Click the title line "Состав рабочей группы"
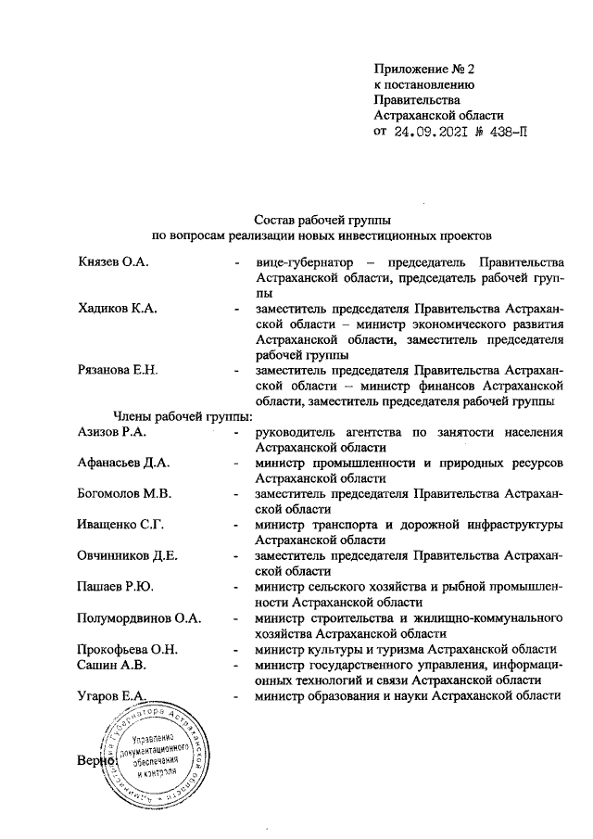coord(322,220)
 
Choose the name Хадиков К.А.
coord(116,309)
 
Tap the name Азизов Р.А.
coord(113,432)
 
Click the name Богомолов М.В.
coord(128,494)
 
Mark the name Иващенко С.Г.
coord(121,526)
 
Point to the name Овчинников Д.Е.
coord(128,556)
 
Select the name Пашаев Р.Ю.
coord(117,587)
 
